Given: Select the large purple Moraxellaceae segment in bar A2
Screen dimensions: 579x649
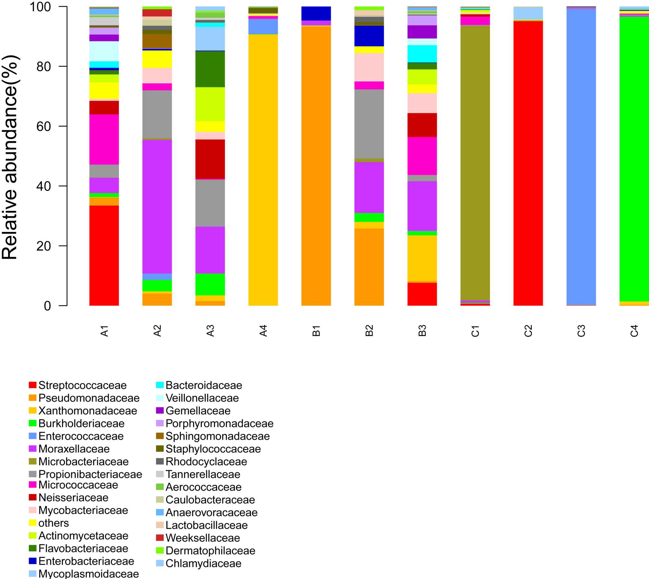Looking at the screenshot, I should point(157,206).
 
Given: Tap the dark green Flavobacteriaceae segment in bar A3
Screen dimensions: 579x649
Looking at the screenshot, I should point(210,69).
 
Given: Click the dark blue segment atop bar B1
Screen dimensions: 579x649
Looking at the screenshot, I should point(316,13).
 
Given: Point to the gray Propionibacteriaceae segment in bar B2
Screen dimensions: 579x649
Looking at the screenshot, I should point(369,124).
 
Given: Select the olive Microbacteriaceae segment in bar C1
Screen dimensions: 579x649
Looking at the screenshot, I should point(475,163).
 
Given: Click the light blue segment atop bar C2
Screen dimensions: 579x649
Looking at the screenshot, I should point(528,13).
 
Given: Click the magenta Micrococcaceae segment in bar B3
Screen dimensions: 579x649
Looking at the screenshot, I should point(422,156).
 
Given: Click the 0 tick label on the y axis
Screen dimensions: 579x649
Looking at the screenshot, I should point(47,306).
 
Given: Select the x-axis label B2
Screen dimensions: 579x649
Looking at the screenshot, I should point(369,330).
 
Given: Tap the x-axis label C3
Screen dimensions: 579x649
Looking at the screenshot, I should point(581,330).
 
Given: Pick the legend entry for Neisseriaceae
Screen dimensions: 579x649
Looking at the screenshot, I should point(73,498).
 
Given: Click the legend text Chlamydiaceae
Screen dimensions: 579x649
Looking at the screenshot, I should point(203,563).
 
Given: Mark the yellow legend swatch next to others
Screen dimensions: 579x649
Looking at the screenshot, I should point(32,523).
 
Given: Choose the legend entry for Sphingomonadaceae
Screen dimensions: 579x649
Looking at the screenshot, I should point(217,436).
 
